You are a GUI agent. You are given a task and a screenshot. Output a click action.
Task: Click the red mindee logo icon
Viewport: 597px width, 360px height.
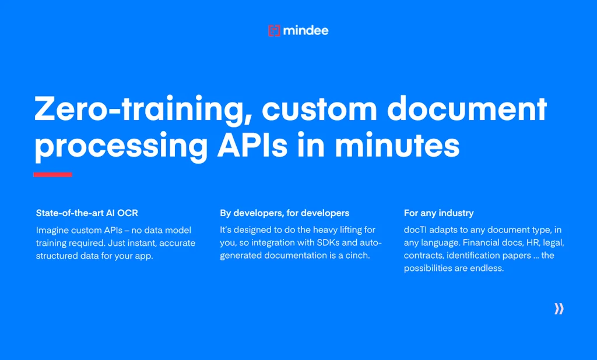click(x=274, y=30)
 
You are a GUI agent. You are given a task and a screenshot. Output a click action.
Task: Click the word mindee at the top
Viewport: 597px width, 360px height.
click(x=305, y=30)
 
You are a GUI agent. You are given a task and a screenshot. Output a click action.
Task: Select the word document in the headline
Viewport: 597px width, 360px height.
click(x=467, y=109)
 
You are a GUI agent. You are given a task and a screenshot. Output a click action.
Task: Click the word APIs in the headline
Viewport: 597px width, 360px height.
click(x=252, y=146)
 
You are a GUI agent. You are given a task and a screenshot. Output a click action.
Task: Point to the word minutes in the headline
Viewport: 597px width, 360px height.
click(x=397, y=146)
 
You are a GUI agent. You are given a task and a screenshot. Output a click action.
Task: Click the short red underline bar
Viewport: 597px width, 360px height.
click(x=53, y=175)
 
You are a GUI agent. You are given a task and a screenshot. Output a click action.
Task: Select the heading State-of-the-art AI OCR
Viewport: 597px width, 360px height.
click(x=87, y=213)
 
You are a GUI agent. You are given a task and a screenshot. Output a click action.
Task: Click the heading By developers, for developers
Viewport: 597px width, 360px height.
click(x=285, y=213)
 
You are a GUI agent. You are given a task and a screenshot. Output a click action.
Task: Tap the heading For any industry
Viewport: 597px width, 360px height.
click(x=438, y=213)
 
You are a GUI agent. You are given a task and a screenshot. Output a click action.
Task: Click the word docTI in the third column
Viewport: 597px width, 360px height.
click(x=415, y=230)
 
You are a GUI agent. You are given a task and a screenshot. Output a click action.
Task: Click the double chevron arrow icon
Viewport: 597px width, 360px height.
click(x=559, y=309)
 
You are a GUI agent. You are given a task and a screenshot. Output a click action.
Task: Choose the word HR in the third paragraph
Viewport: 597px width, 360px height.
click(x=533, y=243)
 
